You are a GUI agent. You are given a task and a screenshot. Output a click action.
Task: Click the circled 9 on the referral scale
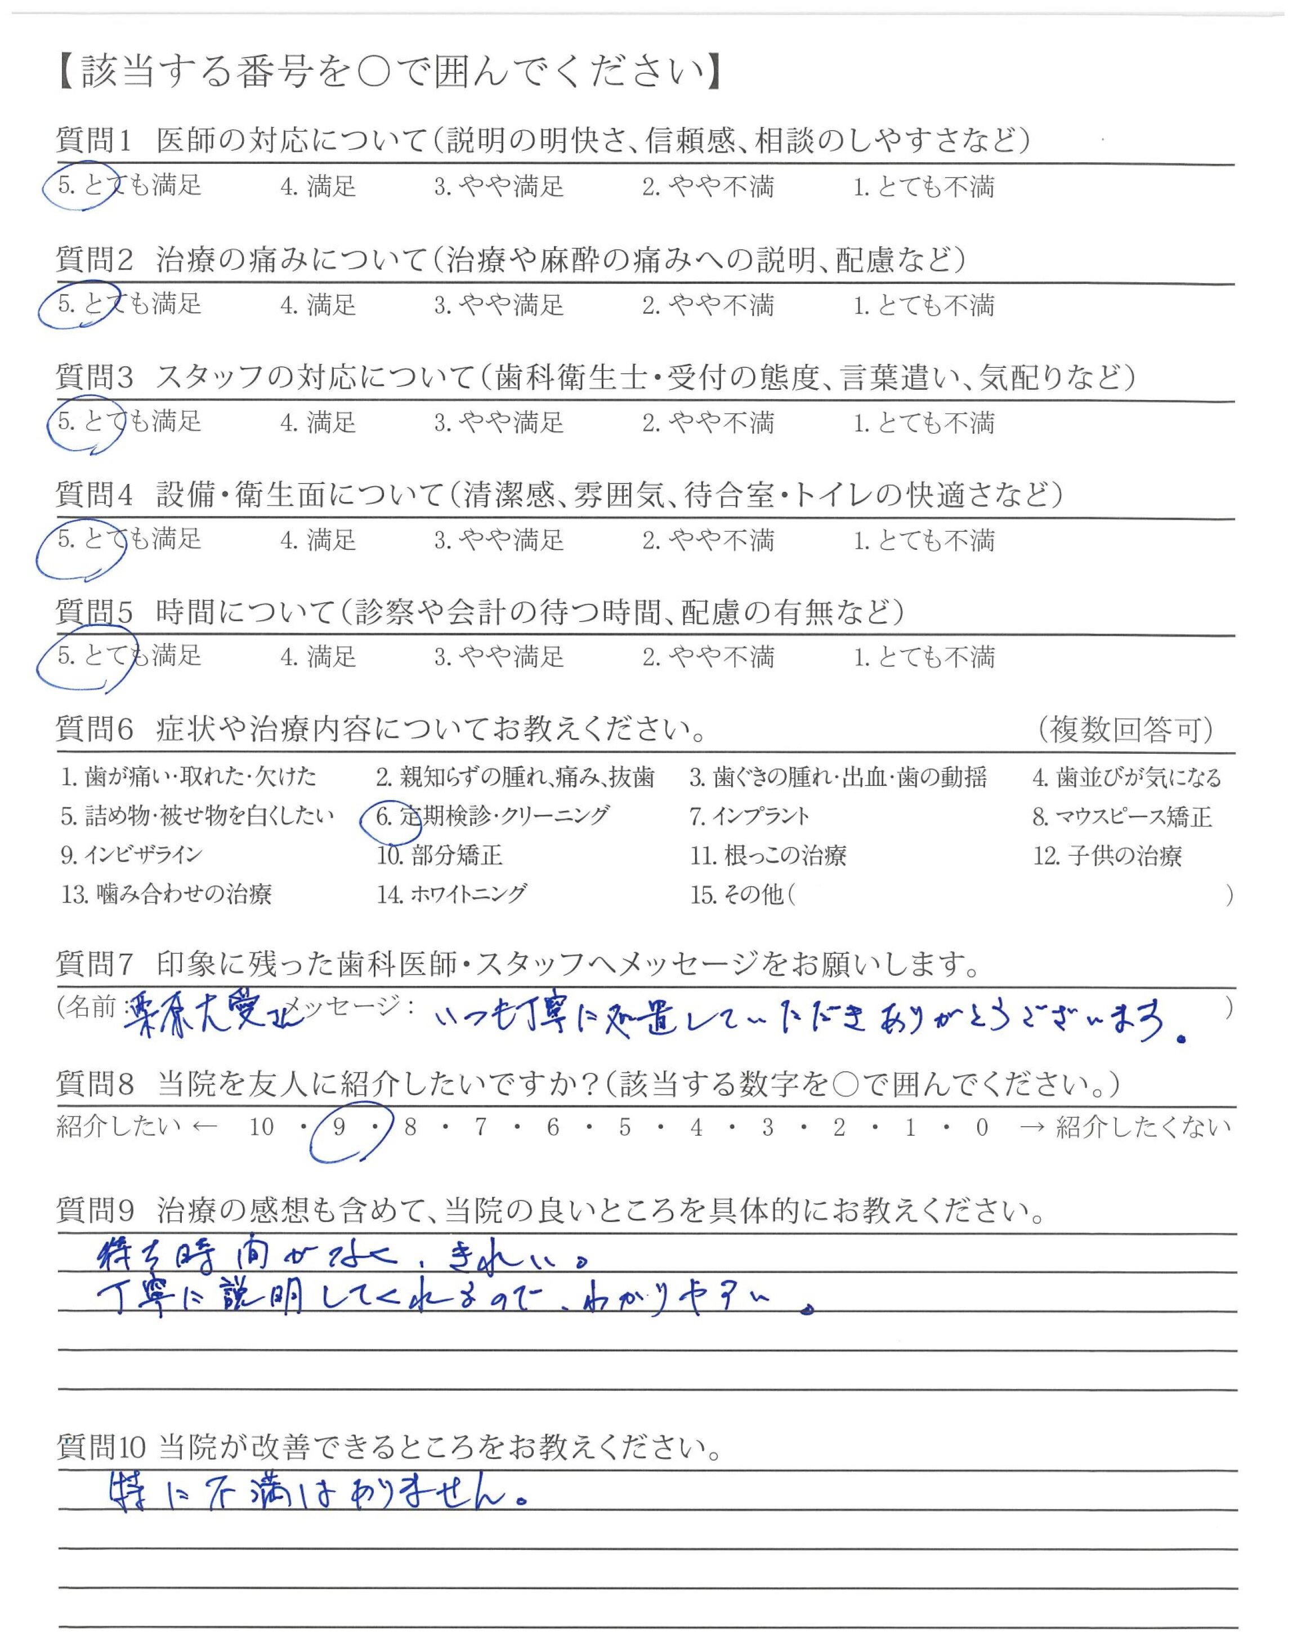point(339,1127)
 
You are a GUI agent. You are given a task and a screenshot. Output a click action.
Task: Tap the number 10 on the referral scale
point(261,1127)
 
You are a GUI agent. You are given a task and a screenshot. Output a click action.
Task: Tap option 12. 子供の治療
point(1107,856)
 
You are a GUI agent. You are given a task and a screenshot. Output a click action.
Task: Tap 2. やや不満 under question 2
point(708,305)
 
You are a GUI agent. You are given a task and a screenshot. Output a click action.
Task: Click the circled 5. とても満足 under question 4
point(129,540)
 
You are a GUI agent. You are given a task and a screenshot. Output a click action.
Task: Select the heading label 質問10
point(100,1447)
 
